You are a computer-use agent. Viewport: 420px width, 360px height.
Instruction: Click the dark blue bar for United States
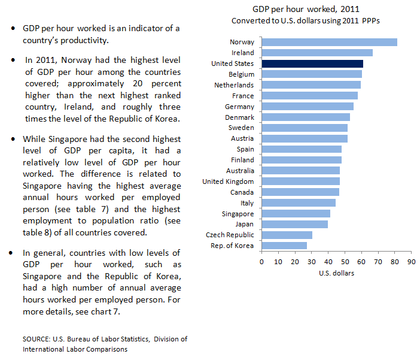pyautogui.click(x=312, y=63)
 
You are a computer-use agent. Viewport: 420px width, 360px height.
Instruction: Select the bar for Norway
pyautogui.click(x=329, y=42)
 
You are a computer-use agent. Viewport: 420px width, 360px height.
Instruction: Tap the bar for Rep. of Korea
pyautogui.click(x=284, y=246)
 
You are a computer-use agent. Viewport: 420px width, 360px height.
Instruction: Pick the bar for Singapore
pyautogui.click(x=296, y=214)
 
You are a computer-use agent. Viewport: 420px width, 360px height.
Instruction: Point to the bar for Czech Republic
pyautogui.click(x=287, y=235)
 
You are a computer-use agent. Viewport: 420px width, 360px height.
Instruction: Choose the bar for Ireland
pyautogui.click(x=317, y=53)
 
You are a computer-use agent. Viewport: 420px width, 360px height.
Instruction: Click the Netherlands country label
pyautogui.click(x=234, y=85)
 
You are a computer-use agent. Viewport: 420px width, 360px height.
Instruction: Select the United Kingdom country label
pyautogui.click(x=228, y=181)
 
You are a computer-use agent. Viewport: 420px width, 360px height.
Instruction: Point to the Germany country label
pyautogui.click(x=239, y=107)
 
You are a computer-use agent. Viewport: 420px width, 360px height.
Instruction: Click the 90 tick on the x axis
pyautogui.click(x=410, y=262)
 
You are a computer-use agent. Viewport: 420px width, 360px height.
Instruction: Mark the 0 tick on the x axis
pyautogui.click(x=261, y=262)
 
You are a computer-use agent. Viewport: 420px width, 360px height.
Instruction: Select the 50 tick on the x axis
pyautogui.click(x=344, y=262)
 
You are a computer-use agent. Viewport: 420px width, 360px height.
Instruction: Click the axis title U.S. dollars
pyautogui.click(x=336, y=274)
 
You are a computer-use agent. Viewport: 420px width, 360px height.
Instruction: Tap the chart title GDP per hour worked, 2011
pyautogui.click(x=306, y=10)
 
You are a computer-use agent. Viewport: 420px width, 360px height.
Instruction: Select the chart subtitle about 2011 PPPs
pyautogui.click(x=306, y=20)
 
